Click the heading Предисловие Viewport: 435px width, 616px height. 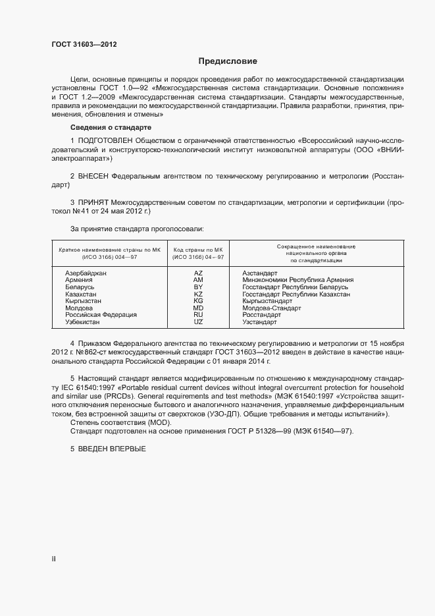click(x=228, y=61)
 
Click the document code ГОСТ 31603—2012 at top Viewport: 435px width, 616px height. click(x=85, y=44)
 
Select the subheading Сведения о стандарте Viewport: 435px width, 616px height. click(x=111, y=126)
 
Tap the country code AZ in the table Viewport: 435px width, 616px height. click(x=198, y=272)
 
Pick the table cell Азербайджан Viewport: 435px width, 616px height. click(x=86, y=272)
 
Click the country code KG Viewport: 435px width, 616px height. click(x=198, y=300)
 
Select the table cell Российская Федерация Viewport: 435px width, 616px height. click(x=101, y=315)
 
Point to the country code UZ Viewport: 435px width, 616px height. click(x=198, y=322)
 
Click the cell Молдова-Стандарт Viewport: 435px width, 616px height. click(x=271, y=308)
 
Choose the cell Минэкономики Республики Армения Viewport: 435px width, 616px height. click(x=297, y=279)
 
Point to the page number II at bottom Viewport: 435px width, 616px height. click(x=54, y=559)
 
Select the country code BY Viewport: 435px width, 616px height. click(x=198, y=287)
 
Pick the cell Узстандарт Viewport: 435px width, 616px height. click(x=259, y=322)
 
